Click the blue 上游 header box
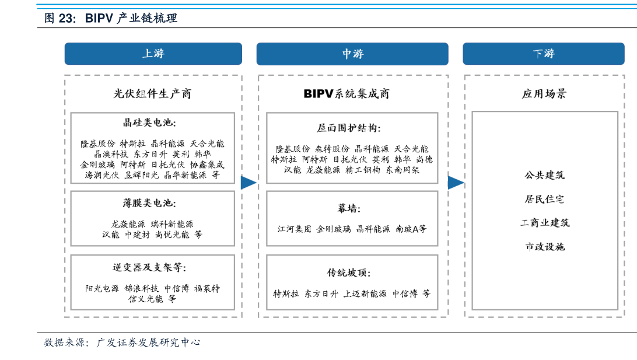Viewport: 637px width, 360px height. pos(153,54)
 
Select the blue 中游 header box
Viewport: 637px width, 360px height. pos(352,54)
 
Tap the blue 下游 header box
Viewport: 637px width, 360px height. pos(543,54)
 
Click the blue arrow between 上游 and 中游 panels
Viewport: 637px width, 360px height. pos(249,182)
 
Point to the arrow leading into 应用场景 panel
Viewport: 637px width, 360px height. pos(456,182)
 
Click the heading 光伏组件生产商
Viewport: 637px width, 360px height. pos(152,93)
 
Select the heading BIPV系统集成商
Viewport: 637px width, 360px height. pos(346,93)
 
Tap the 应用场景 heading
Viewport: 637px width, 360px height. pos(544,93)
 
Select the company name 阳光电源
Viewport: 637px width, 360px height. pos(102,288)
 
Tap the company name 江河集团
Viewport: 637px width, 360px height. pos(295,229)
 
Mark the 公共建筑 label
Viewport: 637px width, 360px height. pos(544,175)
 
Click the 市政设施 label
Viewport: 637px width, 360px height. pos(544,246)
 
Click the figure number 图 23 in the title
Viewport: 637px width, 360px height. pos(60,18)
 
